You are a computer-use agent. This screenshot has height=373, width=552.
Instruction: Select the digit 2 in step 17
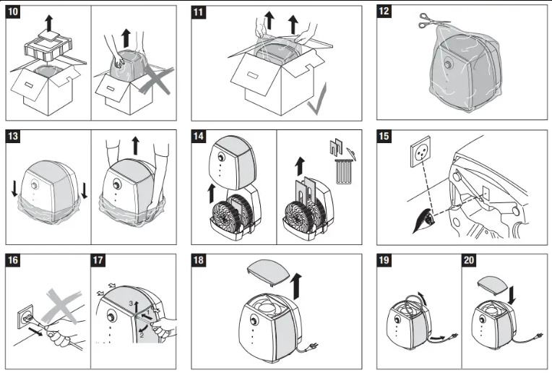143,335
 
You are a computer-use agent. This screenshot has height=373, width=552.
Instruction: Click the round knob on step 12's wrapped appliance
447,63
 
